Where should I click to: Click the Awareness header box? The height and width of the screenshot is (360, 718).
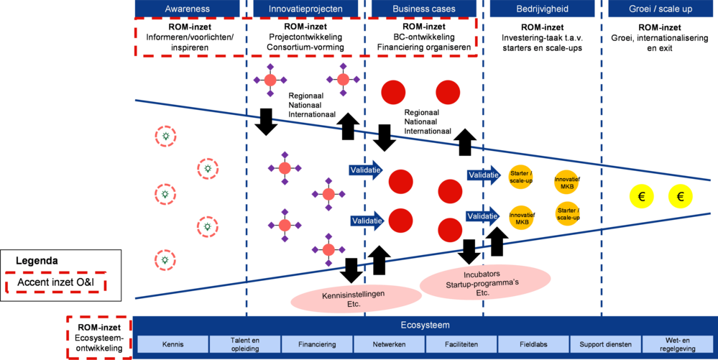click(188, 9)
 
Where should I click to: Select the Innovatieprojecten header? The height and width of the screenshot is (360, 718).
click(305, 9)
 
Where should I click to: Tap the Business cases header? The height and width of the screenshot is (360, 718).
click(424, 9)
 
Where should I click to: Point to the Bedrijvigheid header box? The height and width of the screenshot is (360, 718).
click(543, 9)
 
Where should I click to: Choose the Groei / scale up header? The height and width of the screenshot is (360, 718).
click(661, 9)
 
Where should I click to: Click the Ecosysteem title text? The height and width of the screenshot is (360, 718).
click(424, 325)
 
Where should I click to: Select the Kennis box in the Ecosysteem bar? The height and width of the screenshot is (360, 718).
click(172, 344)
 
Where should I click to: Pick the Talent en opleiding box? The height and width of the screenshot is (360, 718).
click(244, 344)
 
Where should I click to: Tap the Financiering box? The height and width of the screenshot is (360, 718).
click(317, 344)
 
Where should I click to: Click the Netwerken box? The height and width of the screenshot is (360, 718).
click(389, 344)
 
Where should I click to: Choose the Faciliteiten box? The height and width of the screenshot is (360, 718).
click(461, 344)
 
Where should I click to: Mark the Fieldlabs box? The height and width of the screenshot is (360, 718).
click(533, 344)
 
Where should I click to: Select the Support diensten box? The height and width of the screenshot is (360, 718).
click(606, 344)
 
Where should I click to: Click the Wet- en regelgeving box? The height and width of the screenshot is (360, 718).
click(678, 344)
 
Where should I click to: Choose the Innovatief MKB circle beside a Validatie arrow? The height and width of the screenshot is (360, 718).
click(521, 218)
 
